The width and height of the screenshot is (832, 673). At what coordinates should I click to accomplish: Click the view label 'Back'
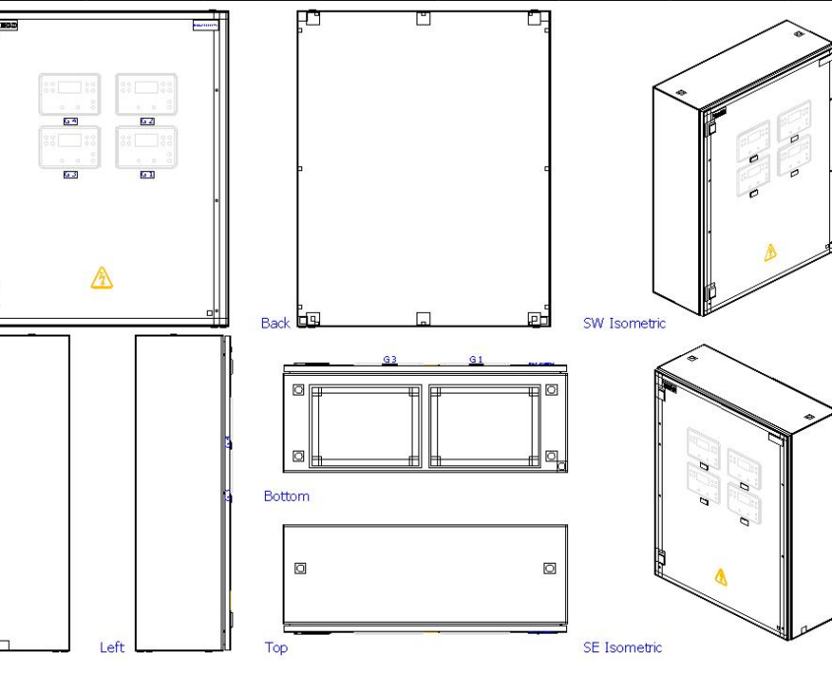pos(275,323)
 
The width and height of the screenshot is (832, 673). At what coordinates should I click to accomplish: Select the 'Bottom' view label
pos(286,496)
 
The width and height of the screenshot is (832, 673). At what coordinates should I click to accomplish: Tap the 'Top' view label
pos(276,646)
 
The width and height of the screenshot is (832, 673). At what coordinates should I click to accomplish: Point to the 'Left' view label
pos(111,646)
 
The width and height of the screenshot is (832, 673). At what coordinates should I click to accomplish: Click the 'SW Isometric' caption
pos(623,323)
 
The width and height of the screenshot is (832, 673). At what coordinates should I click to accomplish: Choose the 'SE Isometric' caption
pos(622,646)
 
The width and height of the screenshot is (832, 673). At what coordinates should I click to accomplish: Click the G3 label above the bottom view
pos(390,360)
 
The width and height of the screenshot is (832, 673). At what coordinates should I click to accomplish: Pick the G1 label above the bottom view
pos(476,360)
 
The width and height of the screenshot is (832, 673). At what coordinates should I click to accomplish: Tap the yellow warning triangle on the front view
pos(101,278)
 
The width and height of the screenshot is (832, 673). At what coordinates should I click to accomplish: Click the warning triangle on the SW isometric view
pos(770,253)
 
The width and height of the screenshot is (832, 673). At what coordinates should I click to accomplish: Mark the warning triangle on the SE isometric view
pos(721,576)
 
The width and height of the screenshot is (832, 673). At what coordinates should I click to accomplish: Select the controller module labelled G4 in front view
pos(69,93)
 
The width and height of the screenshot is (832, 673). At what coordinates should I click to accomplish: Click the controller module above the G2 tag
pos(147,93)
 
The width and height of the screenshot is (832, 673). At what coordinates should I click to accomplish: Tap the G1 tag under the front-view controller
pos(147,174)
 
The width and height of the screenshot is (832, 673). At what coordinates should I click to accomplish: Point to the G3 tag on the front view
pos(70,174)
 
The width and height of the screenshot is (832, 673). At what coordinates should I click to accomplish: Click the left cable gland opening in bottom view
pos(364,426)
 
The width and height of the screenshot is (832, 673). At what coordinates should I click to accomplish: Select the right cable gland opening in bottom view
pos(484,426)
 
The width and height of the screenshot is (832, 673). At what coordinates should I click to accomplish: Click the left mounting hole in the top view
pos(300,568)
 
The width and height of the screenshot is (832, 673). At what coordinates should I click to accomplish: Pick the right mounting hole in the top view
pos(549,568)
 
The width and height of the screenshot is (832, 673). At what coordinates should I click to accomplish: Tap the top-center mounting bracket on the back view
pos(422,18)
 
